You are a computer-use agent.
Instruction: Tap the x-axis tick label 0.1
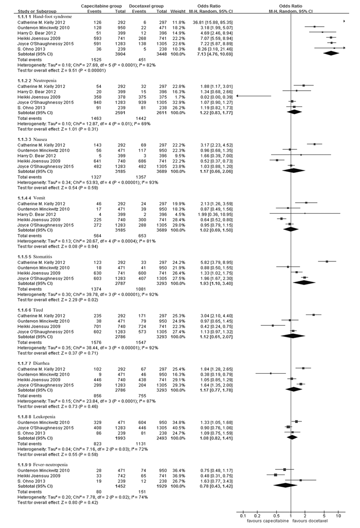(243, 516)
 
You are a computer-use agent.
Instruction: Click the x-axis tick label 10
(338, 516)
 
